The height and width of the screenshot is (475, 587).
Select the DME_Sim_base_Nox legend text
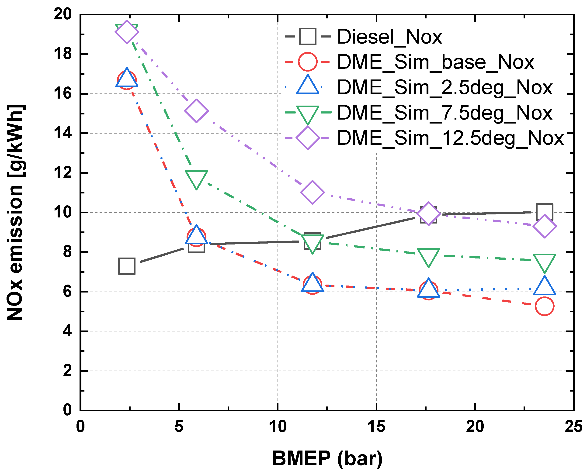[435, 62]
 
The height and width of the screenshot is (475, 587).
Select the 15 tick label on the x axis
[376, 427]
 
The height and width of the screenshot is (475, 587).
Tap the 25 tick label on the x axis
[573, 427]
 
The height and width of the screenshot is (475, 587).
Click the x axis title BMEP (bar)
[327, 458]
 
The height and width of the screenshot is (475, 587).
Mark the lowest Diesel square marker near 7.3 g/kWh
[127, 266]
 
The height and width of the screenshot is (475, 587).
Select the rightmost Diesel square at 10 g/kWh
[545, 212]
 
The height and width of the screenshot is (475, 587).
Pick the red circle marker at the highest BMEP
[545, 306]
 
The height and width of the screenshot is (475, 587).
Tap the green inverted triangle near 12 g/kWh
[196, 178]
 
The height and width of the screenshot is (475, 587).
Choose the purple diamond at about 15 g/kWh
[196, 111]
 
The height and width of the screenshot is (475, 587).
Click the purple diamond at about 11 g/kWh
[313, 192]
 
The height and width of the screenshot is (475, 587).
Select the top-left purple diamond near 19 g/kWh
[127, 32]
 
